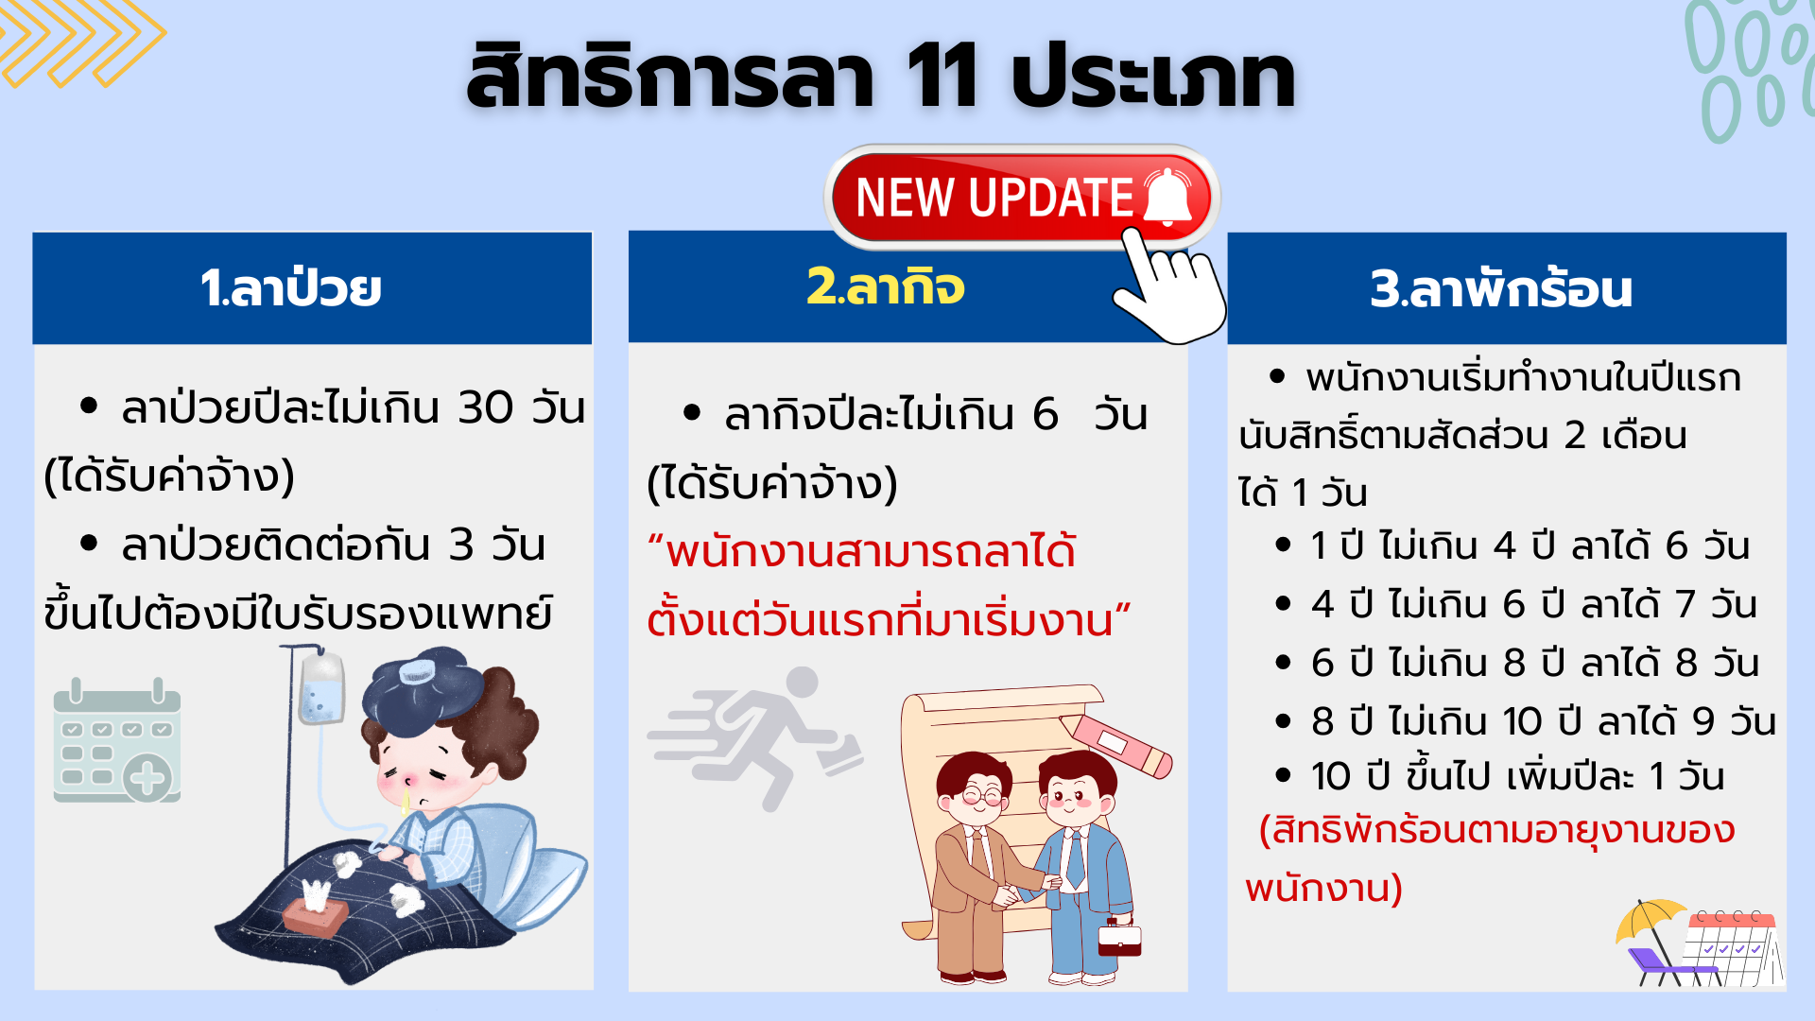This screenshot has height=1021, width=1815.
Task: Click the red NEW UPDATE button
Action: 1022,198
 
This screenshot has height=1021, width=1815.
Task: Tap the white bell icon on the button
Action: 1168,198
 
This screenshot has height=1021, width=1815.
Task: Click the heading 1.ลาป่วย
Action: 290,287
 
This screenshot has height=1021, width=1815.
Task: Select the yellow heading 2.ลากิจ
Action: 886,286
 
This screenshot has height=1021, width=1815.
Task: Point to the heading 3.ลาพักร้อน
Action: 1501,287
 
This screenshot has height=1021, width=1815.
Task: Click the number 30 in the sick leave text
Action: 486,407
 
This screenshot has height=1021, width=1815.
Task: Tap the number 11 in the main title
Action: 941,76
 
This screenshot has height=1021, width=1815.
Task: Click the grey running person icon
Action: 755,737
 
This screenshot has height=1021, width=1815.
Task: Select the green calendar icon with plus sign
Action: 117,740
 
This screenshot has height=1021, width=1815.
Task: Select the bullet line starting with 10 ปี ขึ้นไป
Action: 1500,776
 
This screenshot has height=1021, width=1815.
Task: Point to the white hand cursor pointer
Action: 1170,287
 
